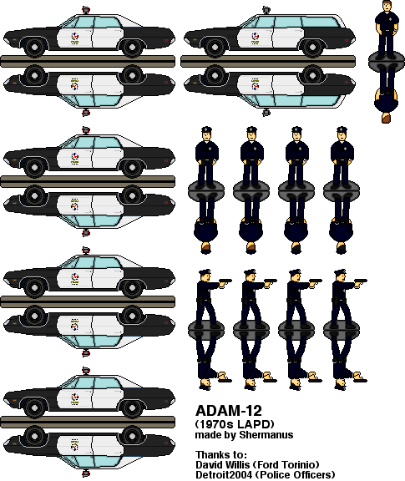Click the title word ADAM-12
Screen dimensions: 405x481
pyautogui.click(x=229, y=411)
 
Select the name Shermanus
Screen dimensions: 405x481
pyautogui.click(x=266, y=435)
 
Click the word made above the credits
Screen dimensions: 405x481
pyautogui.click(x=205, y=435)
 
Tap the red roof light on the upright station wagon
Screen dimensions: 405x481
pyautogui.click(x=266, y=10)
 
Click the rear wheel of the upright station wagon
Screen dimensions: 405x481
pyautogui.click(x=312, y=47)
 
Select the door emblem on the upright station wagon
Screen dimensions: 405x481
pyautogui.click(x=255, y=38)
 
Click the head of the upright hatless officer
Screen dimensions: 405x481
pyautogui.click(x=387, y=6)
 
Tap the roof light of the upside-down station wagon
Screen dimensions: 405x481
pyautogui.click(x=266, y=113)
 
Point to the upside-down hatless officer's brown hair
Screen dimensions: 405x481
pyautogui.click(x=387, y=118)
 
